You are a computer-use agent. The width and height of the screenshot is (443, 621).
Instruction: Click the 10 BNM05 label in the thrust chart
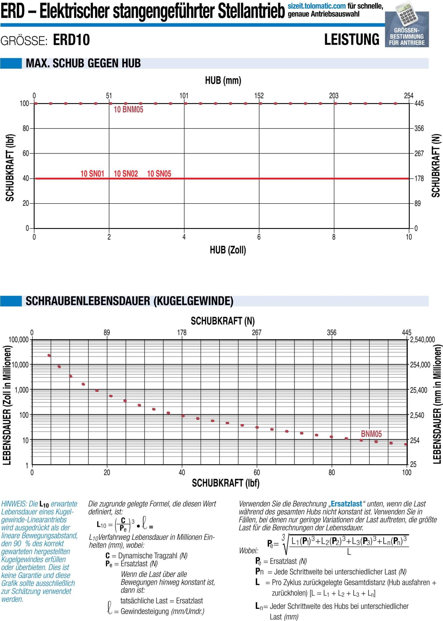point(128,110)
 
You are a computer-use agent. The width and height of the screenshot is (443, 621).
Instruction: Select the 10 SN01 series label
point(92,173)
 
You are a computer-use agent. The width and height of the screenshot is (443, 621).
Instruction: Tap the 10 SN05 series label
point(159,173)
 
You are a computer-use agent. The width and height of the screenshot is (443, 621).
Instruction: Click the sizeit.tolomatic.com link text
point(317,6)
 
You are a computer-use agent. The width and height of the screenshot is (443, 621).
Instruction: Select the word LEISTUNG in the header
point(352,39)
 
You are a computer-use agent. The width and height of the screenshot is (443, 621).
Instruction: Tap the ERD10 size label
point(71,40)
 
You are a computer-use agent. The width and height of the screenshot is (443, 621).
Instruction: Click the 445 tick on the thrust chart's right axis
point(419,104)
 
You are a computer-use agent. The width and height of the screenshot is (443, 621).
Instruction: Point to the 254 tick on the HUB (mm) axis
point(409,96)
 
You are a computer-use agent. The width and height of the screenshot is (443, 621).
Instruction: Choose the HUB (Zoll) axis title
point(228,250)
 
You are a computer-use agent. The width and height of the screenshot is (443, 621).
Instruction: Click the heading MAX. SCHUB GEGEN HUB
point(83,63)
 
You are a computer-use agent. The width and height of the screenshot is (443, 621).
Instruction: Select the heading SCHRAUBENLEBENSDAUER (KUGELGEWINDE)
point(130,301)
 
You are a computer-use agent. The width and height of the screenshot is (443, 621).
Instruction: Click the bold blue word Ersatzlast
point(346,504)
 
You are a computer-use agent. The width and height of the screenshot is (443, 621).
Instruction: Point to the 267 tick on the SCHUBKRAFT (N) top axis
point(257,333)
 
